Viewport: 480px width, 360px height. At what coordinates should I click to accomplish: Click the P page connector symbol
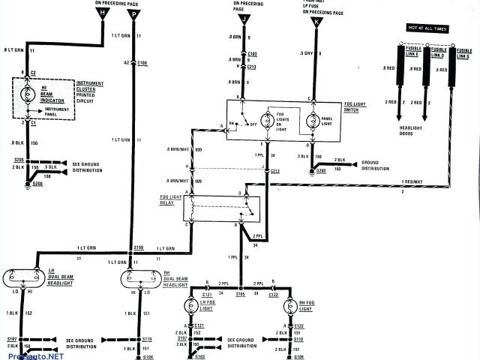[134, 14]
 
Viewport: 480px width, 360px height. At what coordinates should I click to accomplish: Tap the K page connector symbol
[316, 23]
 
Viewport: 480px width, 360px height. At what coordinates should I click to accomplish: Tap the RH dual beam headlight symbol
[141, 280]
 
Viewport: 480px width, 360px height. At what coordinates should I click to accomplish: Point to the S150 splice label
[138, 247]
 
